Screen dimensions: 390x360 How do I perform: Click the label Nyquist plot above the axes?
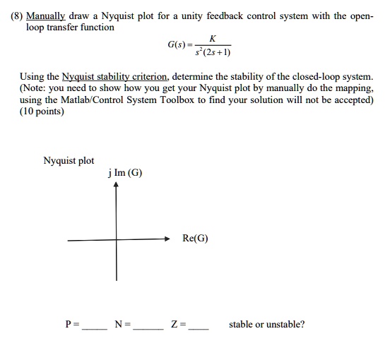point(69,161)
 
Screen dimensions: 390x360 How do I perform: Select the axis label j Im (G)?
point(124,174)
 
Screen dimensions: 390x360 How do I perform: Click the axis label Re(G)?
point(195,239)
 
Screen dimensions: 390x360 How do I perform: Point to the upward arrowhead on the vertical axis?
point(117,187)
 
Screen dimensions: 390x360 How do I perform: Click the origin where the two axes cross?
point(117,240)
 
